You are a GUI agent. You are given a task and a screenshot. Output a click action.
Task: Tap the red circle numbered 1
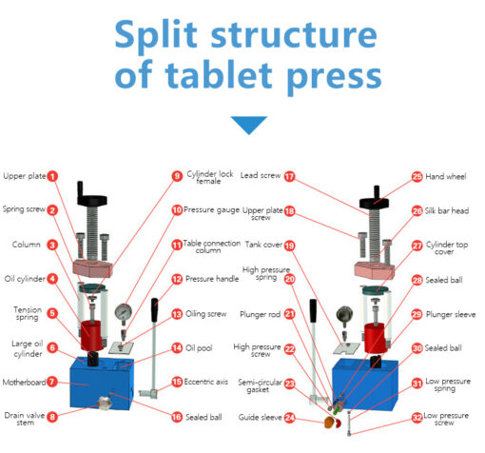pos(53,176)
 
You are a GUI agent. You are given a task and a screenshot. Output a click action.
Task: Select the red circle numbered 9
pos(176,176)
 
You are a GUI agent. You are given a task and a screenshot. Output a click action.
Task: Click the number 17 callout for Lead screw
pos(290,176)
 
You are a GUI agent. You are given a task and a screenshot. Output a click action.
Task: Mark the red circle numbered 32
pos(417,417)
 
